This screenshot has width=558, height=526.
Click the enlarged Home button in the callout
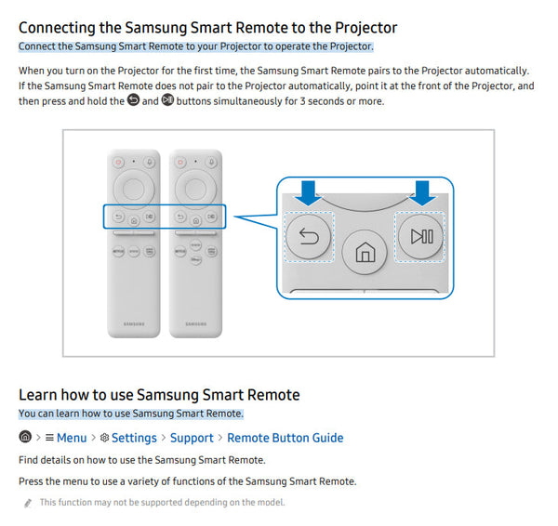(x=364, y=252)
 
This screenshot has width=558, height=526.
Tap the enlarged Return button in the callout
(x=309, y=236)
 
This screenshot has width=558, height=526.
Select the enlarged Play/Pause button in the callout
(x=420, y=236)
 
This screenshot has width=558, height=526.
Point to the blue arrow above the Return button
(x=308, y=193)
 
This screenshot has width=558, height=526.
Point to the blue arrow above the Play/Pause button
(x=422, y=193)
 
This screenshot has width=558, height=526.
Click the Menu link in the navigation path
(x=72, y=438)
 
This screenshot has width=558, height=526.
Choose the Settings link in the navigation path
(x=134, y=438)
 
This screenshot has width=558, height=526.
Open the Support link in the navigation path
(x=192, y=438)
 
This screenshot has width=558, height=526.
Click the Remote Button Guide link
(x=286, y=438)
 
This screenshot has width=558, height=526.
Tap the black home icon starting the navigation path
(x=25, y=437)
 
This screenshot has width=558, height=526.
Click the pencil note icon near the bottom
(x=28, y=503)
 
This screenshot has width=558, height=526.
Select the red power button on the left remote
(x=118, y=163)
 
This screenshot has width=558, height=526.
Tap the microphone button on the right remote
(x=211, y=163)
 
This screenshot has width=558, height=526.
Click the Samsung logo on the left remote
(x=134, y=324)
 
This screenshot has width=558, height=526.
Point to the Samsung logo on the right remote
(x=195, y=324)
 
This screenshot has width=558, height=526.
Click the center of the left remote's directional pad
(x=133, y=190)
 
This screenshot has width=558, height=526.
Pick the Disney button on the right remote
(x=195, y=259)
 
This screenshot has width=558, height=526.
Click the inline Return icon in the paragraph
(x=133, y=100)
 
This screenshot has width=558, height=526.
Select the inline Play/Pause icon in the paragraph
(x=167, y=100)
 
